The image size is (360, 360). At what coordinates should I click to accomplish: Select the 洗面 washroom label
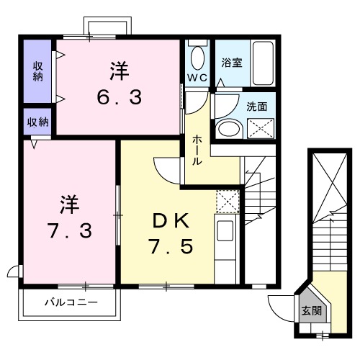pos(256,106)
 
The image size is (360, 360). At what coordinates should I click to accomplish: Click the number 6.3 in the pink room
pos(120,96)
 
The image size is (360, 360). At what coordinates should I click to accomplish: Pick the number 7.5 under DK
pos(169,246)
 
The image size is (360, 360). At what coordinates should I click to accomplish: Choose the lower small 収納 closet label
pos(38,122)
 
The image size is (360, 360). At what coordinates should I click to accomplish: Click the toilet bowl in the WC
pos(197,57)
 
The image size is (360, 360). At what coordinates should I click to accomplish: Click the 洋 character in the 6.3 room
pos(120,71)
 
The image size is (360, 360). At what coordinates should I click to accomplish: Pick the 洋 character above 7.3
pos(69,204)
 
